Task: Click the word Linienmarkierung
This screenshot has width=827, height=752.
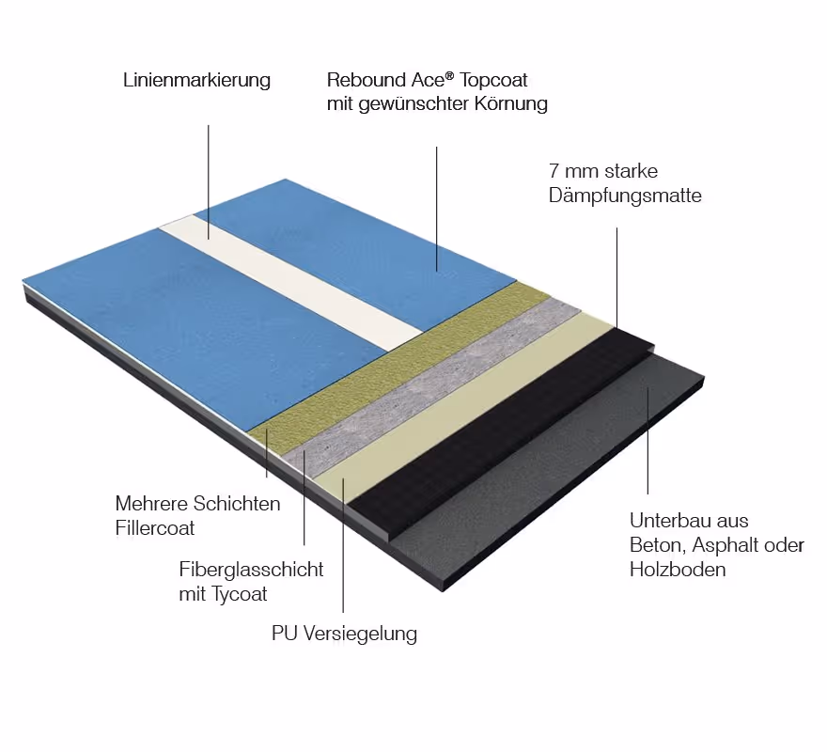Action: (196, 81)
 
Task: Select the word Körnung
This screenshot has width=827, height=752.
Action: (513, 104)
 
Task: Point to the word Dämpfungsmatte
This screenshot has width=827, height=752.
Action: (625, 196)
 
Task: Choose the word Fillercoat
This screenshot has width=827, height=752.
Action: (155, 528)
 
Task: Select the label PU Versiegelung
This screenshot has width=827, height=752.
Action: (344, 634)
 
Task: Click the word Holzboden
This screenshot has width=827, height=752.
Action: (678, 570)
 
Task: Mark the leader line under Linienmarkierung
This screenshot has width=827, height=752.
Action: (208, 174)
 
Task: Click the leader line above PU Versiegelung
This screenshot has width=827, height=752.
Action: (343, 545)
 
